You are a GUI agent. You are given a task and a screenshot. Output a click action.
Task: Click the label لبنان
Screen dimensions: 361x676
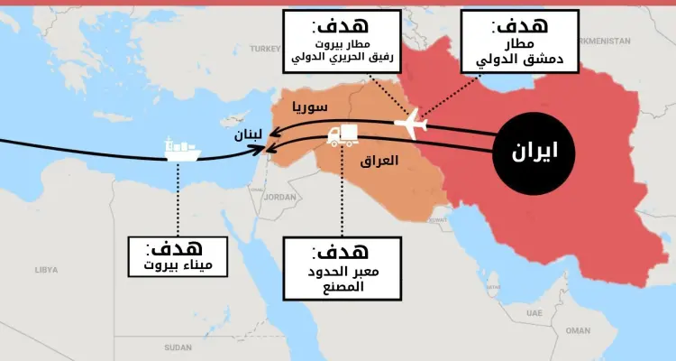[249, 134]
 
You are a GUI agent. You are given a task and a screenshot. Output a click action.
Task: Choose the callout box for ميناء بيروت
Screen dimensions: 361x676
[178, 257]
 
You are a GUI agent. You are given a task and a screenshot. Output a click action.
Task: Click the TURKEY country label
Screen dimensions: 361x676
[267, 48]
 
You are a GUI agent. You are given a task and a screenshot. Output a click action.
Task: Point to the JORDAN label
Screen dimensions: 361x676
[280, 197]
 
